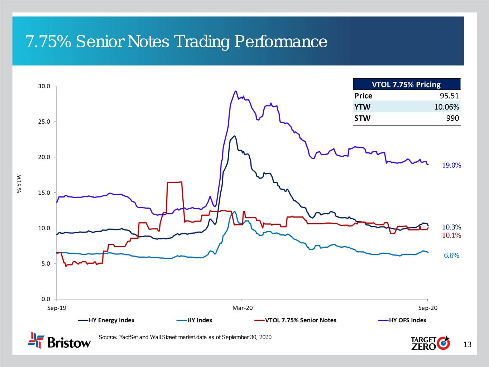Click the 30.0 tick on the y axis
[x=44, y=86]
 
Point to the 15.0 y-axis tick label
[x=44, y=193]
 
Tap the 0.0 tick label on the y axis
[x=45, y=299]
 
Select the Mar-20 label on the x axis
[x=243, y=308]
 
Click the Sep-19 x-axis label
[x=57, y=308]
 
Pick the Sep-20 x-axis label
[x=428, y=308]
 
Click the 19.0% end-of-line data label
[x=451, y=166]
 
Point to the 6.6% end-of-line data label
[x=451, y=256]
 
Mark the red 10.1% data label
[x=451, y=235]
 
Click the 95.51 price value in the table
[x=449, y=96]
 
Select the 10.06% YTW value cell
[x=446, y=107]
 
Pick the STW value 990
[x=452, y=118]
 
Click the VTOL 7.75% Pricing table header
[x=406, y=85]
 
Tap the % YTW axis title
[x=20, y=183]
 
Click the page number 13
[x=468, y=345]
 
